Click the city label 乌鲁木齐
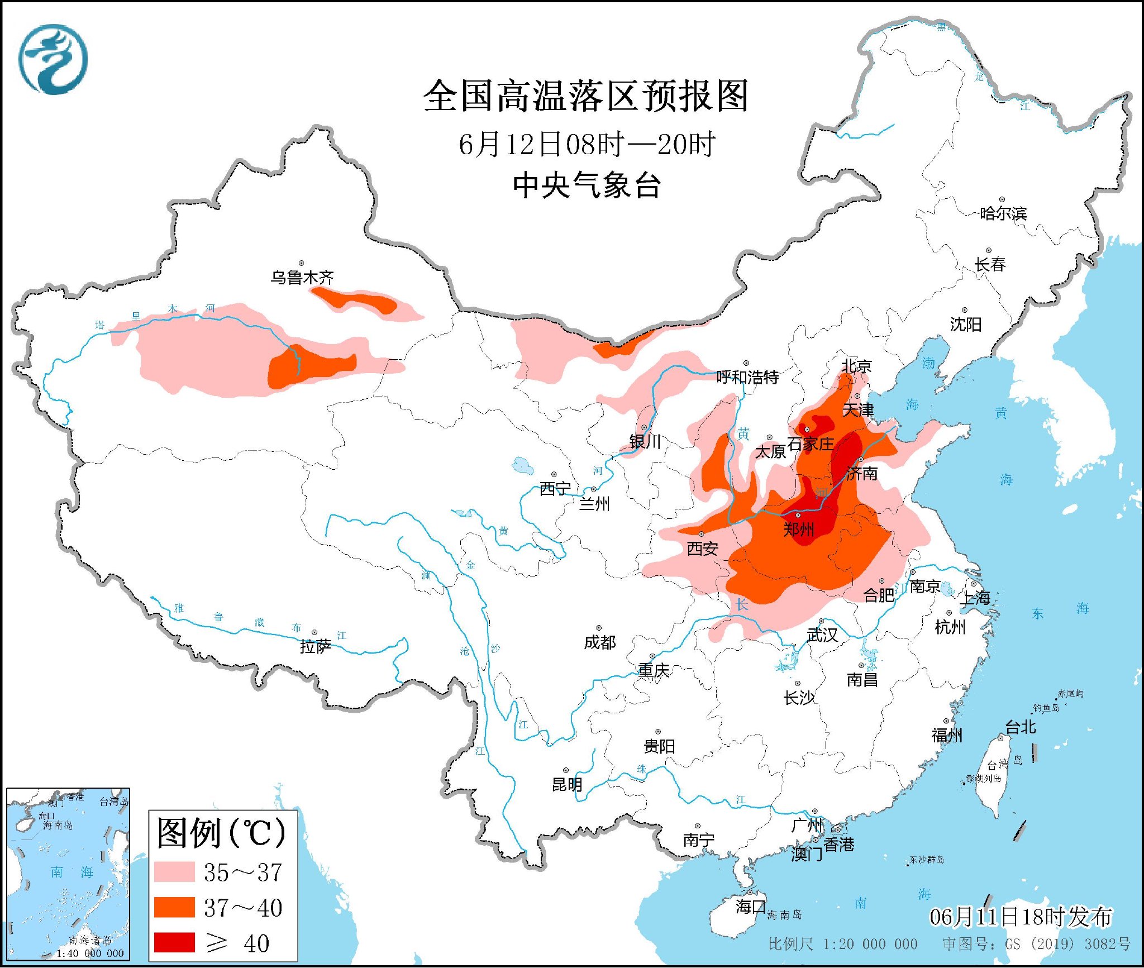(x=302, y=277)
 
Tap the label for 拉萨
(x=316, y=646)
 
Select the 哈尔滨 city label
(x=1003, y=213)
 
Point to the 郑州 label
(x=798, y=529)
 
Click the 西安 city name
(x=702, y=549)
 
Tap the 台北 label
(x=1021, y=727)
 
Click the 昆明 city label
(x=567, y=785)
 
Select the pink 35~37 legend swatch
(x=174, y=872)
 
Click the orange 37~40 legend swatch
(x=174, y=907)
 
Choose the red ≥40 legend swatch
(x=174, y=942)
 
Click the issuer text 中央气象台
(x=587, y=185)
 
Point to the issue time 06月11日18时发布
(x=1021, y=917)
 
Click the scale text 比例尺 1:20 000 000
(x=842, y=944)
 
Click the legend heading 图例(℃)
(x=221, y=833)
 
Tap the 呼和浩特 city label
(x=747, y=377)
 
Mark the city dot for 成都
(x=599, y=628)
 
